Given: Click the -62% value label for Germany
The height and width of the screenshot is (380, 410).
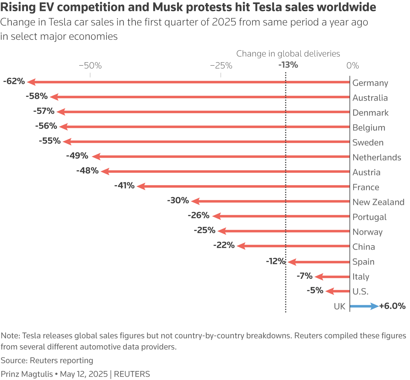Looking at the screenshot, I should (14, 81).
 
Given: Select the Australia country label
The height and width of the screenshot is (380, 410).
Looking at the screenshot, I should (370, 98).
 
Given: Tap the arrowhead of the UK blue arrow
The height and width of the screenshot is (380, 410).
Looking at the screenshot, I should (375, 306).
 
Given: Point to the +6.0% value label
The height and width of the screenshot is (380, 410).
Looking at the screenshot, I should (392, 306).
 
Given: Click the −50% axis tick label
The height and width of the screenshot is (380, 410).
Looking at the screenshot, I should (90, 66).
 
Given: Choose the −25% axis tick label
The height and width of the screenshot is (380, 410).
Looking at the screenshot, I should (221, 66).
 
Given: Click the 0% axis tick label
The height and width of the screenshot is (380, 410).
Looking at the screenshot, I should (353, 66).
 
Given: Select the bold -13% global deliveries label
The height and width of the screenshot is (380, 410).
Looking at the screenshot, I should (288, 65).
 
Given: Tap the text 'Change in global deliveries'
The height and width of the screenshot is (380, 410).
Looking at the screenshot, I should (288, 54).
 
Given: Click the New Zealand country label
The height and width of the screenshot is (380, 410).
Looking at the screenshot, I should (378, 202).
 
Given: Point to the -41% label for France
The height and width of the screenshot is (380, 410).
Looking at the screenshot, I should (124, 186).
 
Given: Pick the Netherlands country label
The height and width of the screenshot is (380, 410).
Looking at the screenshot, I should (377, 157).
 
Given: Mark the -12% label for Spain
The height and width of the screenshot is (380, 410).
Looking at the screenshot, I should (276, 261).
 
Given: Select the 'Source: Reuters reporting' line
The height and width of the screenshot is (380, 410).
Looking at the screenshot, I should (47, 360).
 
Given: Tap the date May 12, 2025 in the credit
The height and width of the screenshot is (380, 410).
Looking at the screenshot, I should (84, 374).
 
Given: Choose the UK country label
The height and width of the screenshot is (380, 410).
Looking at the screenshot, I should (339, 306).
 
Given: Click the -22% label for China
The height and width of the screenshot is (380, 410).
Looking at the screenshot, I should (224, 245).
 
